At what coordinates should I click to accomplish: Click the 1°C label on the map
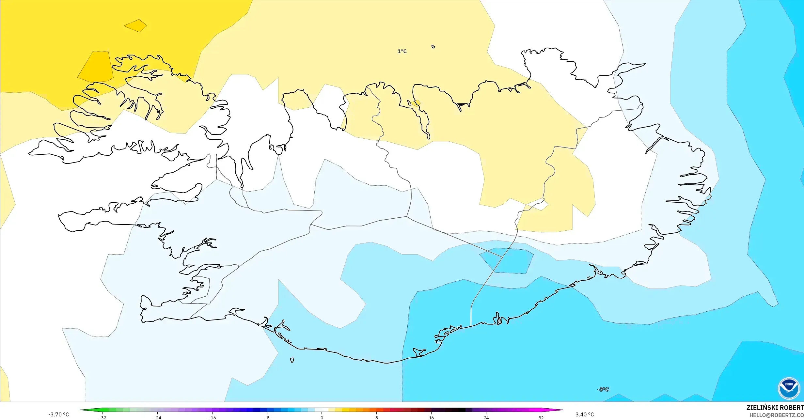pyautogui.click(x=402, y=51)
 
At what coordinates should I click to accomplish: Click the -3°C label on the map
pyautogui.click(x=603, y=389)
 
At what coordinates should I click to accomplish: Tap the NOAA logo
pyautogui.click(x=789, y=388)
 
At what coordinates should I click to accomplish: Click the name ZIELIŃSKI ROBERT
pyautogui.click(x=775, y=408)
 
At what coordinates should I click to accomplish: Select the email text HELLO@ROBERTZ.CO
pyautogui.click(x=776, y=415)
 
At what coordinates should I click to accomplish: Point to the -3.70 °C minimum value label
pyautogui.click(x=59, y=414)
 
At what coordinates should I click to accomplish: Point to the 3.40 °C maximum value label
pyautogui.click(x=585, y=414)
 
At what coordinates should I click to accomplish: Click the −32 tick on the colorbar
pyautogui.click(x=102, y=418)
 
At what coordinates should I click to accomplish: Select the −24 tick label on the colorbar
pyautogui.click(x=157, y=418)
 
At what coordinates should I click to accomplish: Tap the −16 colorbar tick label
pyautogui.click(x=212, y=418)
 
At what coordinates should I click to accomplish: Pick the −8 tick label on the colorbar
pyautogui.click(x=267, y=418)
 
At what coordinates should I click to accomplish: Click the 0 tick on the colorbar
pyautogui.click(x=322, y=418)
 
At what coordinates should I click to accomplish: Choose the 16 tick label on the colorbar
pyautogui.click(x=431, y=418)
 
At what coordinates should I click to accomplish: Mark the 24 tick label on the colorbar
pyautogui.click(x=486, y=418)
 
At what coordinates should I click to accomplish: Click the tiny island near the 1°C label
pyautogui.click(x=433, y=47)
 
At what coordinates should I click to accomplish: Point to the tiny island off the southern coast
pyautogui.click(x=292, y=360)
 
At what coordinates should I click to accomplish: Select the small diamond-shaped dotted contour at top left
pyautogui.click(x=135, y=25)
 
